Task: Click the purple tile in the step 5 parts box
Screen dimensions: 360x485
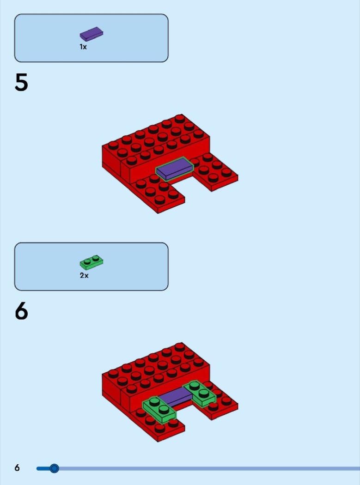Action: tap(92, 34)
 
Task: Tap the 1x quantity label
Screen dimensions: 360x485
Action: tap(83, 47)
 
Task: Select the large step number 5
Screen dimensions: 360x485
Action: tap(21, 83)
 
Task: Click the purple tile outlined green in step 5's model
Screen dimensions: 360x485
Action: tap(175, 169)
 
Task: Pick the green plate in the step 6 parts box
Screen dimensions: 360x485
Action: tap(92, 262)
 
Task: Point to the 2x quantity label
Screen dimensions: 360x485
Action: tap(84, 275)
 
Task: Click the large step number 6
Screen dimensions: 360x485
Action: tap(21, 311)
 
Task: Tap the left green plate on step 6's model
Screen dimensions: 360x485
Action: tap(159, 410)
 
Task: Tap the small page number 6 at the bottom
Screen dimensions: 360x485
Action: tap(17, 467)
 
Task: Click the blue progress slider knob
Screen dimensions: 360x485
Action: tap(54, 468)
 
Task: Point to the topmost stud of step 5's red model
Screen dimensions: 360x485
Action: tap(179, 118)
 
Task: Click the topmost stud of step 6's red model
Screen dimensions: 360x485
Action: tap(179, 346)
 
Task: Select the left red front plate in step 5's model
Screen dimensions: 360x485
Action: tap(158, 194)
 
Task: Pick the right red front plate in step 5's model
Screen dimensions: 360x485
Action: tap(214, 173)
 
